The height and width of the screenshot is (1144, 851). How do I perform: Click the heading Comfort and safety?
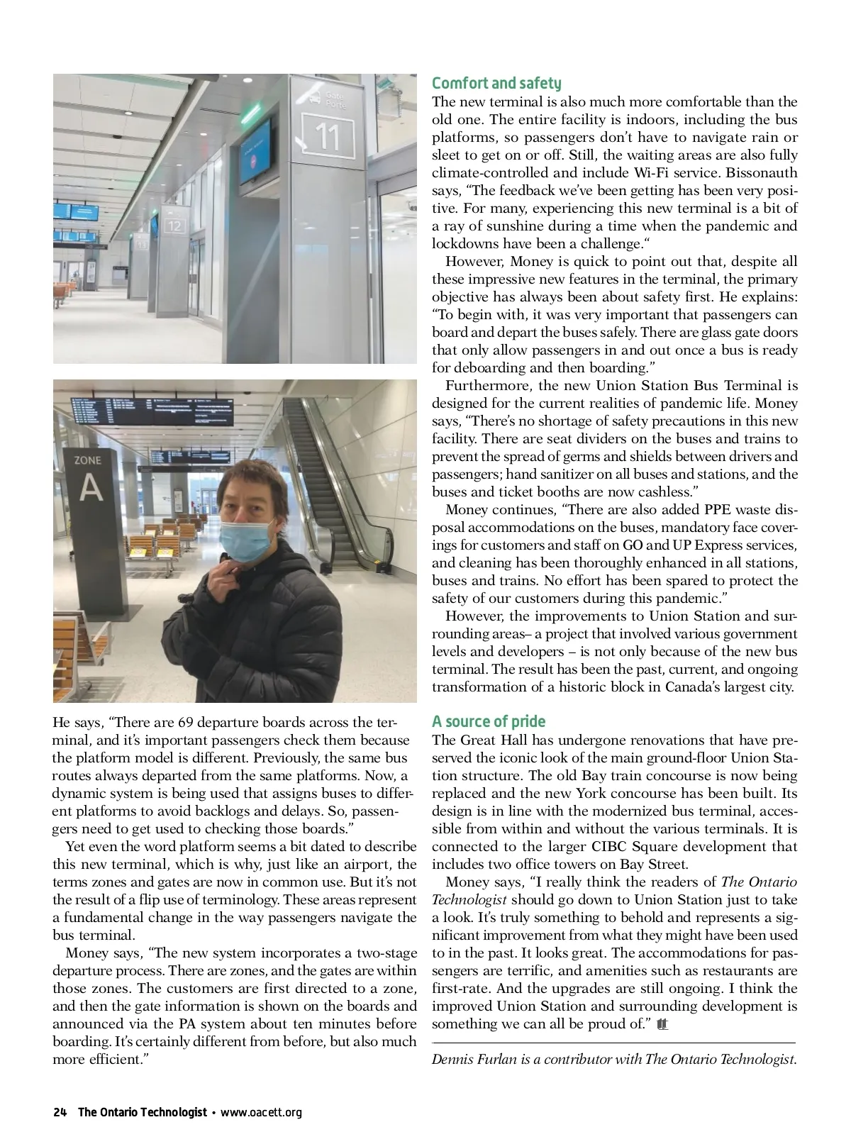[496, 84]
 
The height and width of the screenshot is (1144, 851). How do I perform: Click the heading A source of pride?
[489, 722]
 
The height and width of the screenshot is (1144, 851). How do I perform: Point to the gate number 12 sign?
[174, 226]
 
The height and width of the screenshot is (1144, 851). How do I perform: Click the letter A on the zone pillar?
[91, 488]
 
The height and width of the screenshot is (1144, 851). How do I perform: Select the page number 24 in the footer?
[60, 1112]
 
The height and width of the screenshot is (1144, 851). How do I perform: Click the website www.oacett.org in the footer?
[261, 1112]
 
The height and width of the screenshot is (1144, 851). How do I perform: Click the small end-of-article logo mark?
[663, 1024]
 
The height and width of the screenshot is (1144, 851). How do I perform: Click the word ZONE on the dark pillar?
[88, 460]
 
